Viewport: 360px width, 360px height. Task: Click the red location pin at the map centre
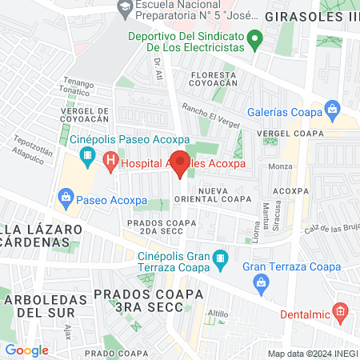point(181,163)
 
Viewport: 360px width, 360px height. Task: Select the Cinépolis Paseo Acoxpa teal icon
point(88,154)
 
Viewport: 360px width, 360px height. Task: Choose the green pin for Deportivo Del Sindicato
point(254,37)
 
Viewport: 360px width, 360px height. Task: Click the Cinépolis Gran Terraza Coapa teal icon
point(223,258)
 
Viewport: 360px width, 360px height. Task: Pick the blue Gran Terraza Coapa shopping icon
point(261,281)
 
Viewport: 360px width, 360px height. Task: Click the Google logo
point(26,350)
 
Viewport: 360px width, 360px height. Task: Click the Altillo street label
point(218,314)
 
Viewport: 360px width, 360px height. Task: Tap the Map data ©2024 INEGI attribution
point(310,353)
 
